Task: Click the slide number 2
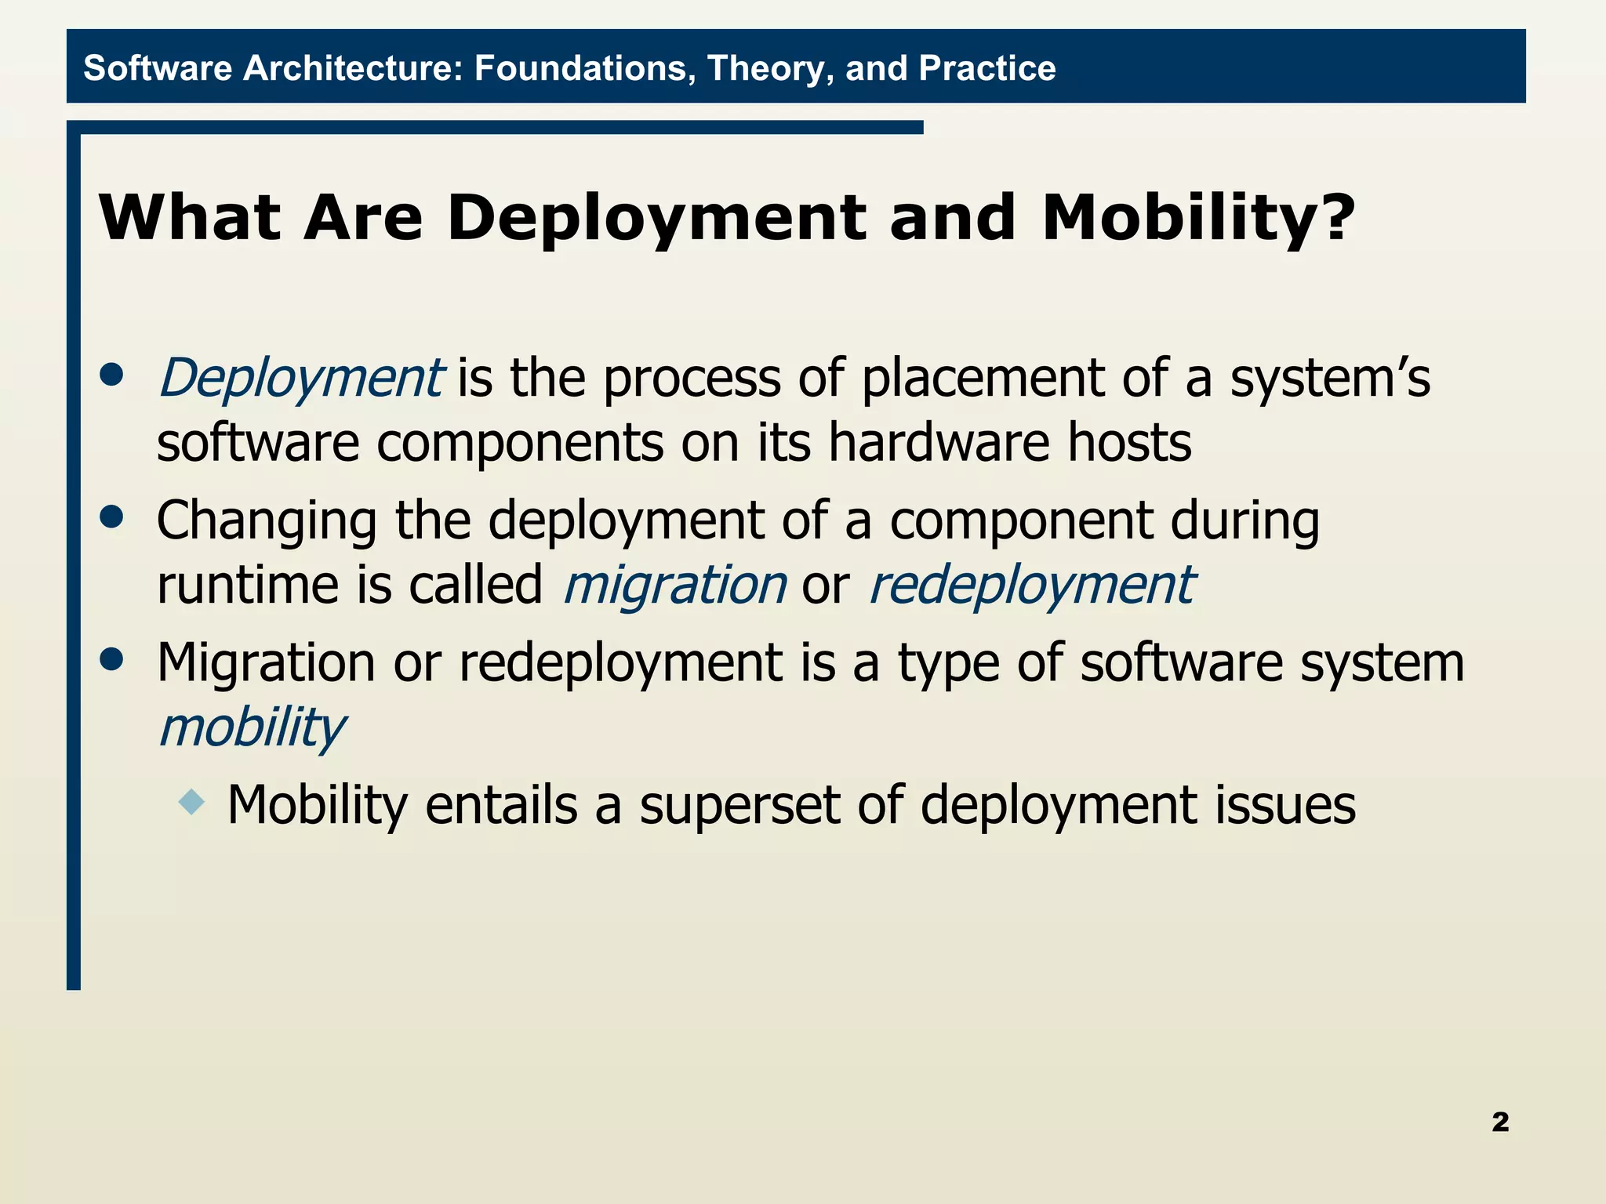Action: coord(1499,1122)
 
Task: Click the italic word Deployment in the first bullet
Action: coord(301,379)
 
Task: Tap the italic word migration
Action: coord(674,585)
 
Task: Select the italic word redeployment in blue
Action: coord(1031,585)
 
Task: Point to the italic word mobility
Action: coord(251,727)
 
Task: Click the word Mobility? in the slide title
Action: coord(1198,218)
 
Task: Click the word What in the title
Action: coord(189,218)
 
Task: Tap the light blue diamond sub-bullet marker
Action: coord(191,802)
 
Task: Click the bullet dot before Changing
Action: coord(112,517)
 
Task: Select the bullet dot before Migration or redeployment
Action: coord(112,659)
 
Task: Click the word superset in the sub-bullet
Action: coord(739,806)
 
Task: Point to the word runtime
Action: coord(249,586)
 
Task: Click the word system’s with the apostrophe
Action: coord(1329,379)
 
